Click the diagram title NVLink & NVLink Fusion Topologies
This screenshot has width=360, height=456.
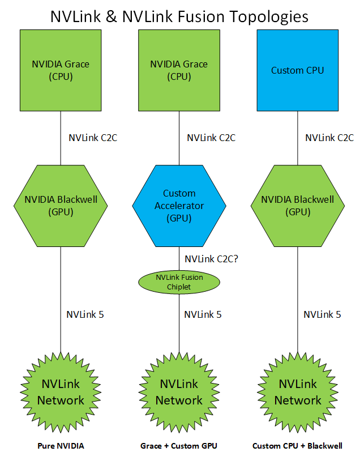(179, 16)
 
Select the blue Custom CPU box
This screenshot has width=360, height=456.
(298, 70)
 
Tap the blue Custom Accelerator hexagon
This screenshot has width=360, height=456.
(179, 206)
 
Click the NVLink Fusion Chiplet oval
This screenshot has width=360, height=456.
(179, 282)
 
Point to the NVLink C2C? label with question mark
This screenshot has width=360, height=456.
(211, 259)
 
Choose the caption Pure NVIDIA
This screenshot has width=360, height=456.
(61, 446)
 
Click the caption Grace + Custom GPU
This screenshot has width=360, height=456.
(179, 446)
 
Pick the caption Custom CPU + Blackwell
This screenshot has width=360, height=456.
(297, 446)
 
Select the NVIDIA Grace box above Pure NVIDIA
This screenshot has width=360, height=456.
(61, 70)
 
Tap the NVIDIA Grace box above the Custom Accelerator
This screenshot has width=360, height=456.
(179, 70)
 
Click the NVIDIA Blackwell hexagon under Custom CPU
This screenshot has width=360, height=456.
(298, 206)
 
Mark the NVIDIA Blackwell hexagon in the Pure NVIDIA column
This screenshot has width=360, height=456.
(61, 206)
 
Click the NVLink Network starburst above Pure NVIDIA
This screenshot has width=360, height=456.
(61, 392)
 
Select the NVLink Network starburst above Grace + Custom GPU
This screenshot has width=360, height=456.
(179, 392)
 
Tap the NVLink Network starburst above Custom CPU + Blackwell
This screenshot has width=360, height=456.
(298, 392)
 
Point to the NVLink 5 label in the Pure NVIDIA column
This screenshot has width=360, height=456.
(85, 314)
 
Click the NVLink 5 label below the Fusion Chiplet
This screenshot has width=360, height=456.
(203, 314)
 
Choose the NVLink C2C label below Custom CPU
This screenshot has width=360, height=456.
(329, 137)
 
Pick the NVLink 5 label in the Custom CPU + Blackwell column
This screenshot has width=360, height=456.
(322, 314)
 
